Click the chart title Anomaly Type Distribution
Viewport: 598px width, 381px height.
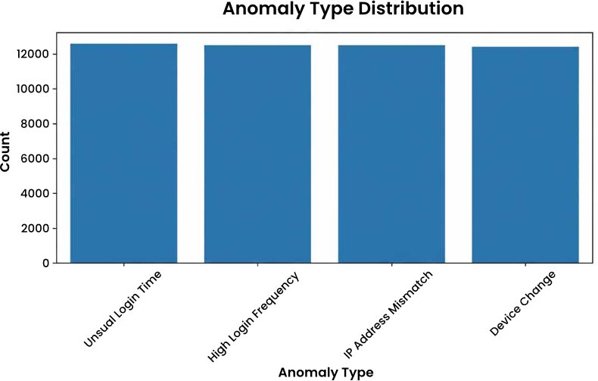343,8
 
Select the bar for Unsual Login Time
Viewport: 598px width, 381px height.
123,153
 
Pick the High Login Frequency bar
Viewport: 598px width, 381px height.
257,154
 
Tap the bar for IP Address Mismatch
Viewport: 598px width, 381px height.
391,154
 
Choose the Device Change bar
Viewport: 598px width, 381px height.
525,155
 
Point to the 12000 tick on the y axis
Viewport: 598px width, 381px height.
33,55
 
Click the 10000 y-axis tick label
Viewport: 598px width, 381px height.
33,89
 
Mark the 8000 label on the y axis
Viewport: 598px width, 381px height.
35,123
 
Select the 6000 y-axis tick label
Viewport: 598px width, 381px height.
35,158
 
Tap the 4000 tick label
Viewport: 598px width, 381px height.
35,193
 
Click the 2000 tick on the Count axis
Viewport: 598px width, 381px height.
35,228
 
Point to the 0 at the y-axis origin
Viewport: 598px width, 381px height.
46,263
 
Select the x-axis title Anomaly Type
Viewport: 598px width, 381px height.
325,372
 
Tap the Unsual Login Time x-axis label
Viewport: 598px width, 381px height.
123,309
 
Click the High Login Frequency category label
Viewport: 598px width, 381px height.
254,317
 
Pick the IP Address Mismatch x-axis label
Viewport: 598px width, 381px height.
388,315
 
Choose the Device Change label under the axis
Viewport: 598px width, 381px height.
522,304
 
